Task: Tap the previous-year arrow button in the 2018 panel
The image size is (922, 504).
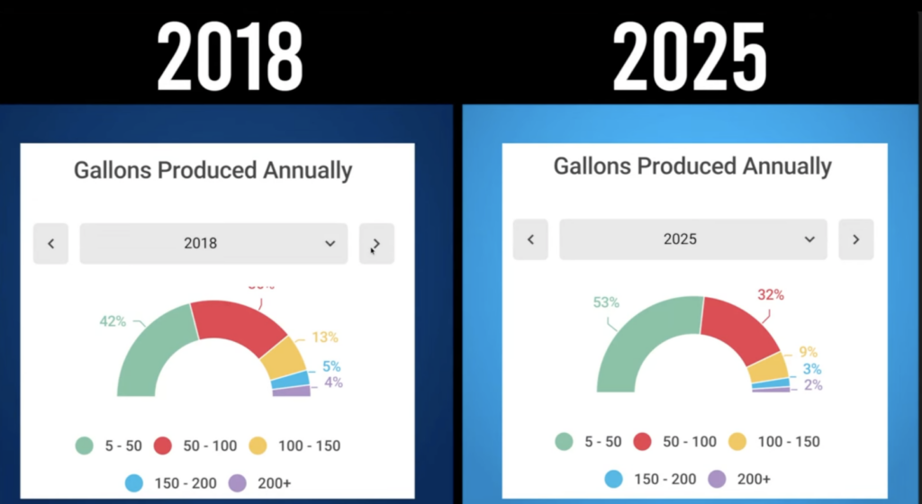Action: [51, 244]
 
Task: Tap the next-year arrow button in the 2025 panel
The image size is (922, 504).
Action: [855, 239]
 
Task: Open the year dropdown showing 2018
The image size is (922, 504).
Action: [213, 244]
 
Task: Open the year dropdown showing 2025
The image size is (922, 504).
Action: [692, 239]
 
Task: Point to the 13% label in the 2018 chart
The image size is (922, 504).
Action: [325, 337]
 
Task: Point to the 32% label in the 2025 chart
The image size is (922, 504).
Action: [771, 294]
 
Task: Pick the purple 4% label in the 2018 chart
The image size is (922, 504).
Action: [333, 382]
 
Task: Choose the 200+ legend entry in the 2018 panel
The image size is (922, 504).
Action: [261, 483]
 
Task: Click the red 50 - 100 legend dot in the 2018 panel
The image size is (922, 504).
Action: [163, 445]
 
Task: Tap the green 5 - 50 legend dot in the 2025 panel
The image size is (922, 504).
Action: [564, 442]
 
